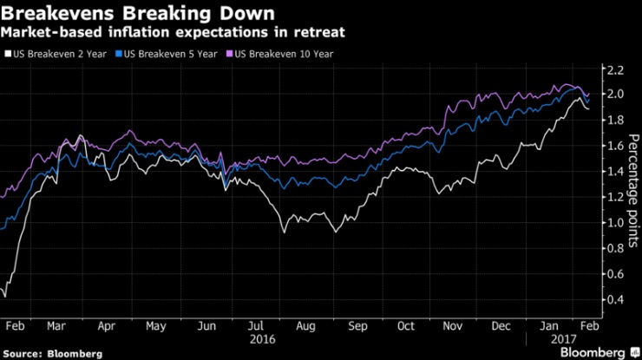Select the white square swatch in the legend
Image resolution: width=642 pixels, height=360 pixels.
coord(8,54)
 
